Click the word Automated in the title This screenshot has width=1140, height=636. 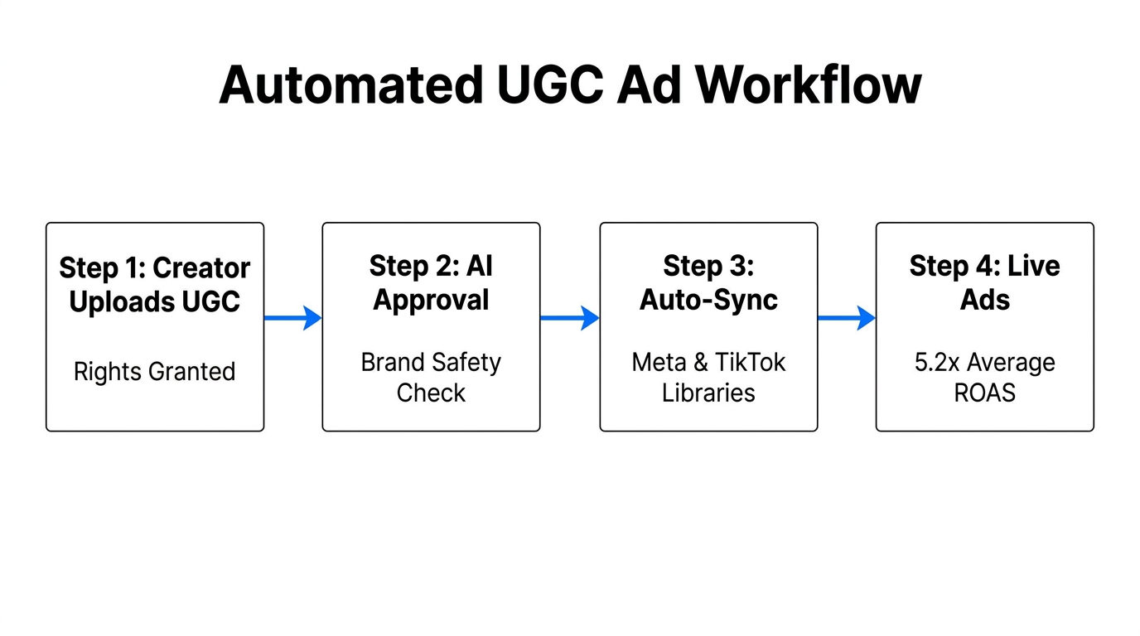(350, 84)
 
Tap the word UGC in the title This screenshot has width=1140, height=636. (549, 84)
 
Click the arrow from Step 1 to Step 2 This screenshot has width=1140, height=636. (292, 317)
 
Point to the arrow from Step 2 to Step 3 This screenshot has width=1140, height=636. (569, 317)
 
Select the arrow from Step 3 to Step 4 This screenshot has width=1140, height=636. (846, 317)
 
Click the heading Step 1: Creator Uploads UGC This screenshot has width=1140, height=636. (155, 285)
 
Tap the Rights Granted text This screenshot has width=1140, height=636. (155, 371)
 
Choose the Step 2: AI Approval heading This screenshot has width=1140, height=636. (431, 282)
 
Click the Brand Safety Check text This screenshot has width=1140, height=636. (431, 377)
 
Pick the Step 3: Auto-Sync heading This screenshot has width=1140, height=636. (708, 282)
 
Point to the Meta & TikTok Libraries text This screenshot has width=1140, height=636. (708, 377)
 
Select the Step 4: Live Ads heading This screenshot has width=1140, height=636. (984, 282)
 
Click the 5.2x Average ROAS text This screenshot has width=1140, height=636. (984, 377)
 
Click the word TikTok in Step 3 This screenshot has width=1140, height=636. (751, 363)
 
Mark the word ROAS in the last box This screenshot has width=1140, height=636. (984, 393)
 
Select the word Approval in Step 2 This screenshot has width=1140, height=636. (431, 300)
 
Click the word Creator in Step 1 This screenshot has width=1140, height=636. (201, 268)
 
